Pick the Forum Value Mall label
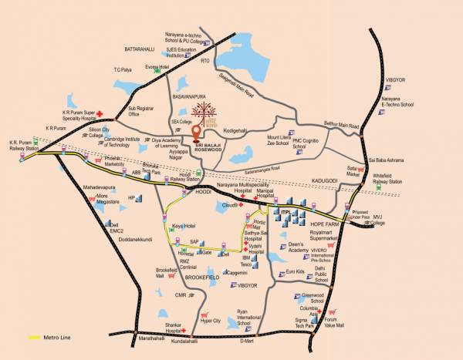(340, 325)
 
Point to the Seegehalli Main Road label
(238, 81)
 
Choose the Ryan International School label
(249, 315)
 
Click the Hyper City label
(211, 320)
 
